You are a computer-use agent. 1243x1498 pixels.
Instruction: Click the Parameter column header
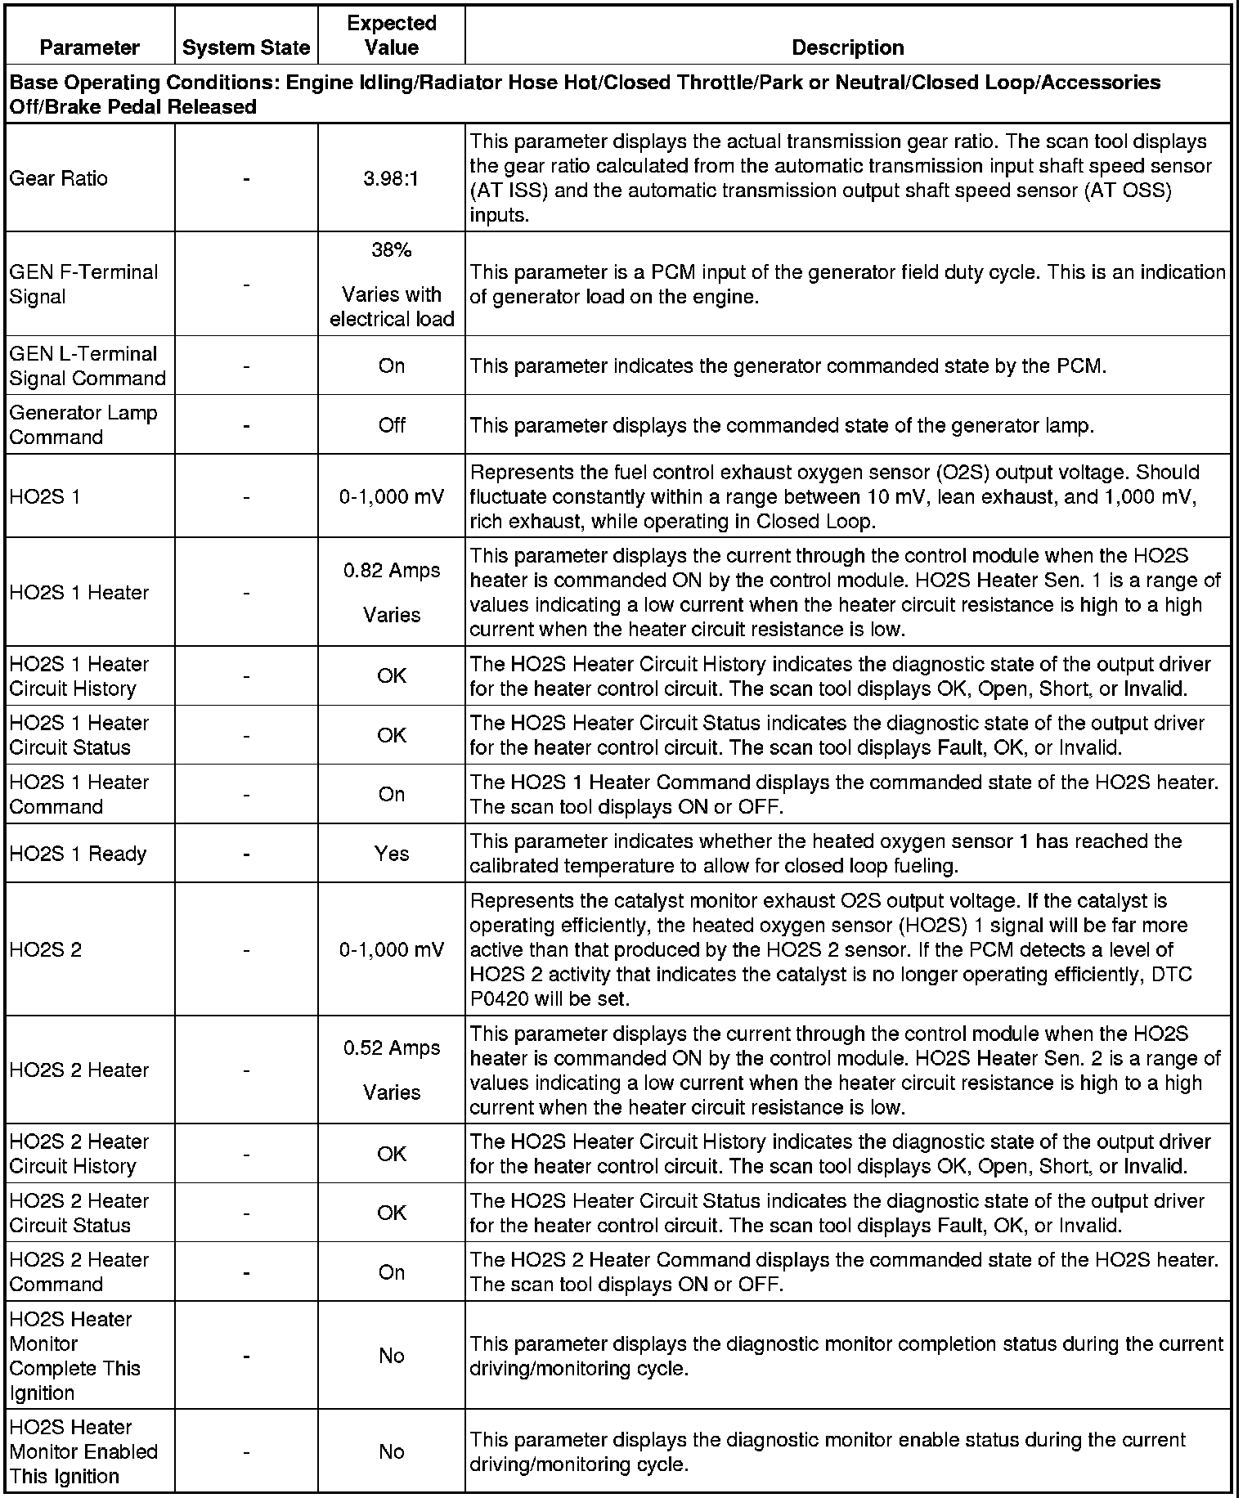click(90, 47)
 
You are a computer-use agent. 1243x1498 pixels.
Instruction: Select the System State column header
click(246, 47)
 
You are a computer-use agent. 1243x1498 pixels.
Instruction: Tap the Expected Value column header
click(392, 35)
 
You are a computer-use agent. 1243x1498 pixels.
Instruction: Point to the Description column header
click(848, 47)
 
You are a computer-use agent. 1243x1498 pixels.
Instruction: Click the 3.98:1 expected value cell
click(391, 178)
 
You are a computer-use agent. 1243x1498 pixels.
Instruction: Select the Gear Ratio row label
click(58, 178)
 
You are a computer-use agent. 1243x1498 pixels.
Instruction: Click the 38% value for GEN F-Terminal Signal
click(391, 250)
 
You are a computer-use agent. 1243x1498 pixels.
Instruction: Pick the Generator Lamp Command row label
click(83, 424)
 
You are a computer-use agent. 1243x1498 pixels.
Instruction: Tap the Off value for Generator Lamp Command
click(392, 425)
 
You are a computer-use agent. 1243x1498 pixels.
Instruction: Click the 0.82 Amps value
click(392, 570)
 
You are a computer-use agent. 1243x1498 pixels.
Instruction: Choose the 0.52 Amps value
click(392, 1047)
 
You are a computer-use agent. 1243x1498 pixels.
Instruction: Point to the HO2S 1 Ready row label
click(78, 854)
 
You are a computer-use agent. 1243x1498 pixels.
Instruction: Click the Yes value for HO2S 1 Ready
click(392, 854)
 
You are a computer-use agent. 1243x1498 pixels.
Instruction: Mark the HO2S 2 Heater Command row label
click(79, 1272)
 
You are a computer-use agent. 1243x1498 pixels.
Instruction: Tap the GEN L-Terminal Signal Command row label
click(88, 366)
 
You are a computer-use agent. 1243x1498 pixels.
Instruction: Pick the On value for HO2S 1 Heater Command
click(392, 794)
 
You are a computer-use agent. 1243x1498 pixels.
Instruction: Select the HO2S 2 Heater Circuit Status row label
click(79, 1213)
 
